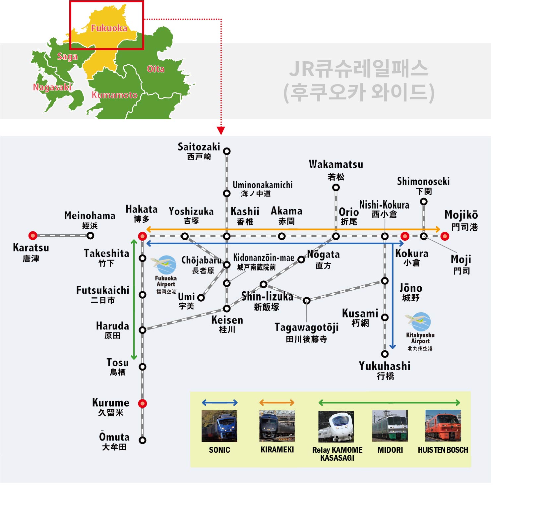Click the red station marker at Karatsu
[33, 236]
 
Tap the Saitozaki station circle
[227, 151]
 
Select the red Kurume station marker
[143, 403]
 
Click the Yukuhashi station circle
[385, 354]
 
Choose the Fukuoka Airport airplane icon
[164, 265]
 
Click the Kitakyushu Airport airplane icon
[418, 322]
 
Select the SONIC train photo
[219, 426]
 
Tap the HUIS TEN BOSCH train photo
[443, 426]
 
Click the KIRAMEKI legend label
[277, 450]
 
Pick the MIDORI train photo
[390, 426]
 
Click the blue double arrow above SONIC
[220, 403]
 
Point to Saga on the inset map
[67, 57]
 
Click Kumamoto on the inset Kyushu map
[114, 95]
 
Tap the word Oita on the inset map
[155, 69]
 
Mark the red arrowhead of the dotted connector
[221, 131]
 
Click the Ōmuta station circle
[143, 440]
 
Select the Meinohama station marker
[90, 236]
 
